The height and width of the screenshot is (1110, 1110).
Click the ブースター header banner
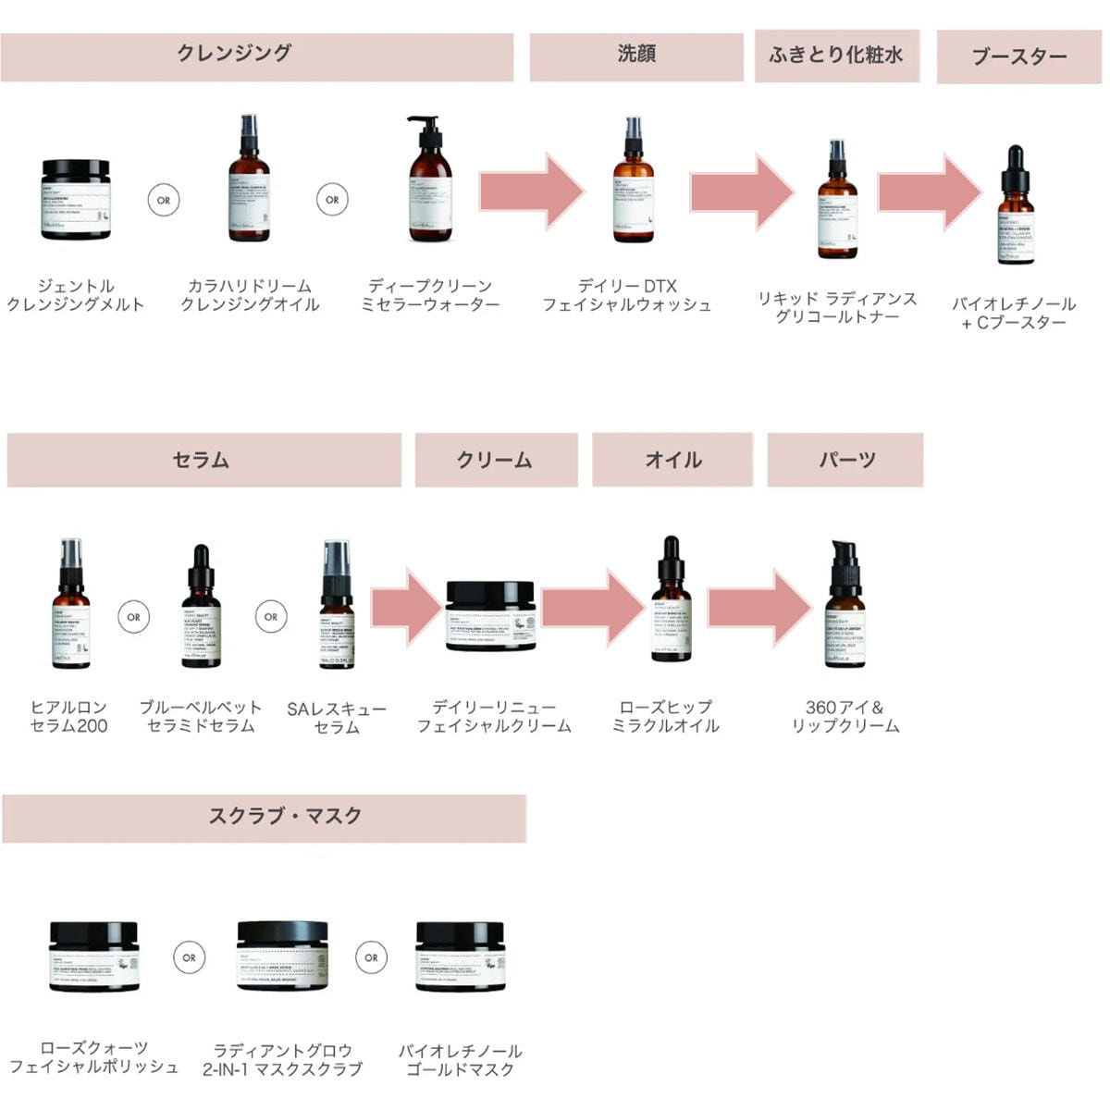click(x=1019, y=57)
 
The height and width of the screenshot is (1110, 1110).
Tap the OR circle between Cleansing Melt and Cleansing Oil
click(x=164, y=200)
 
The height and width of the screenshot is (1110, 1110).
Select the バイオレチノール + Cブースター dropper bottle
click(x=1015, y=205)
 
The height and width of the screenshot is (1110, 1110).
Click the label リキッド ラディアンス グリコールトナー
click(x=837, y=308)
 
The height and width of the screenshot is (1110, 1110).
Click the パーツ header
click(x=845, y=460)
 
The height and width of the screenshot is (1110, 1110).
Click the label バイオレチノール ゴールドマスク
click(x=461, y=1060)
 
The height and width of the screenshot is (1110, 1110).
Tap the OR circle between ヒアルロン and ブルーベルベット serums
click(x=134, y=617)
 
